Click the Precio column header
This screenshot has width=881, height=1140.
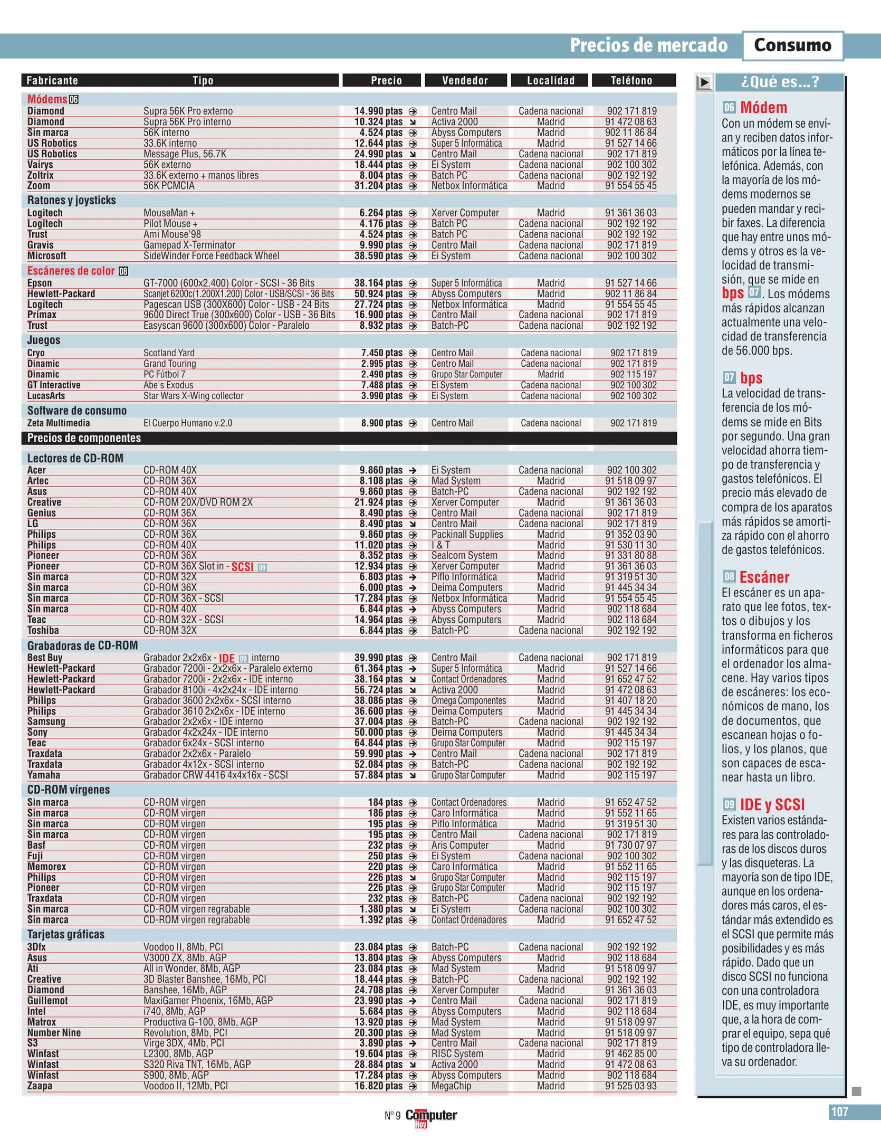point(386,80)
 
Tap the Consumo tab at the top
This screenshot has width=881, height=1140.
point(792,45)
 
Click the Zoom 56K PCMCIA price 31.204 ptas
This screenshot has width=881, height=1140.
point(378,186)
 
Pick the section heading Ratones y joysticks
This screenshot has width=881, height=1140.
point(72,200)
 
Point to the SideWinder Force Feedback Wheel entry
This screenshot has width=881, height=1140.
point(211,256)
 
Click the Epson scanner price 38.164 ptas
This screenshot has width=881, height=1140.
point(378,283)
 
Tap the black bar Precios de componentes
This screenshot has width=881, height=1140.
point(84,438)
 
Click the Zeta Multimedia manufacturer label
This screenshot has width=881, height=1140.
point(59,423)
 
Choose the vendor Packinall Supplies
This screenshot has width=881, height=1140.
point(467,534)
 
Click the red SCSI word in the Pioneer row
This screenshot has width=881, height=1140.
point(242,567)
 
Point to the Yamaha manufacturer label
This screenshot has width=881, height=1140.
point(44,775)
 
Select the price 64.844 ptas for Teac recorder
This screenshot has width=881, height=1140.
point(378,743)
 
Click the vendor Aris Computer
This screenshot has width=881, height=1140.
point(459,845)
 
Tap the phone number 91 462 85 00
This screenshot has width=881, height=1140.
point(630,1054)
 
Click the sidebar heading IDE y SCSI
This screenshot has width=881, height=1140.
point(772,805)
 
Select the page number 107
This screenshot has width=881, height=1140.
point(839,1112)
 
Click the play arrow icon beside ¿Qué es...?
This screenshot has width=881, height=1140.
point(704,82)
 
